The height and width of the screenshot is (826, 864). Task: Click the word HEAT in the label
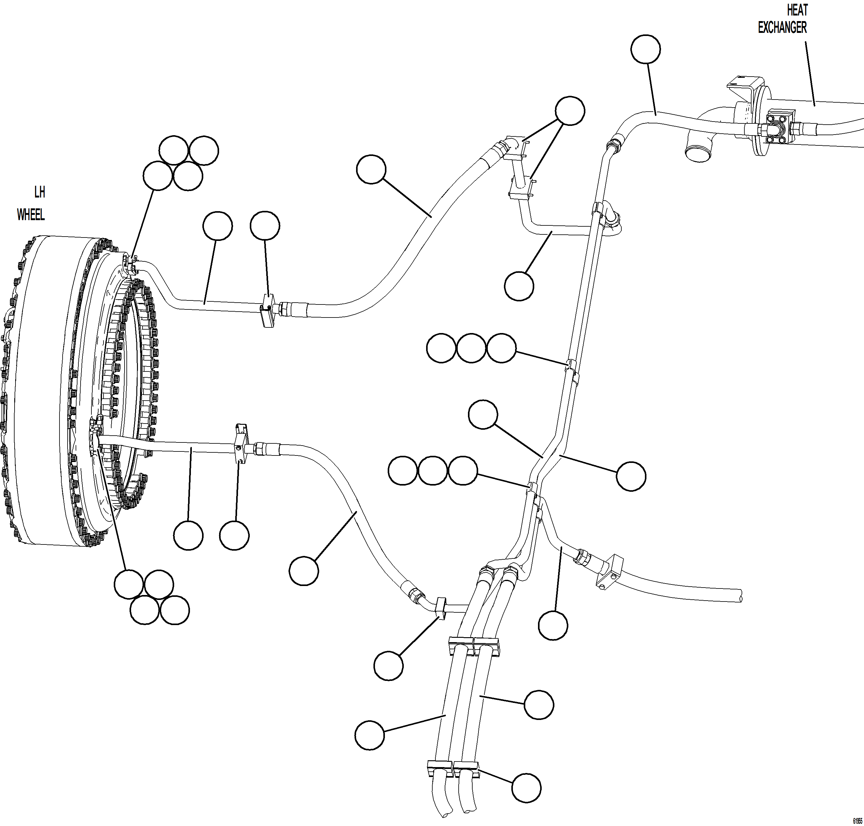click(x=797, y=10)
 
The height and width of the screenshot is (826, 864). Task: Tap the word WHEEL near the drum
click(x=31, y=215)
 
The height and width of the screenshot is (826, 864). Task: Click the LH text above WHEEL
click(x=40, y=193)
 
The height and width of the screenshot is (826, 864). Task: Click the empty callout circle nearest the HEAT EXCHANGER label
click(x=645, y=49)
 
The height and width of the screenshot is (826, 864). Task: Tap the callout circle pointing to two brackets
click(x=570, y=110)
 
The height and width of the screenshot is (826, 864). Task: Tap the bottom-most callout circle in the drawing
click(x=527, y=787)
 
